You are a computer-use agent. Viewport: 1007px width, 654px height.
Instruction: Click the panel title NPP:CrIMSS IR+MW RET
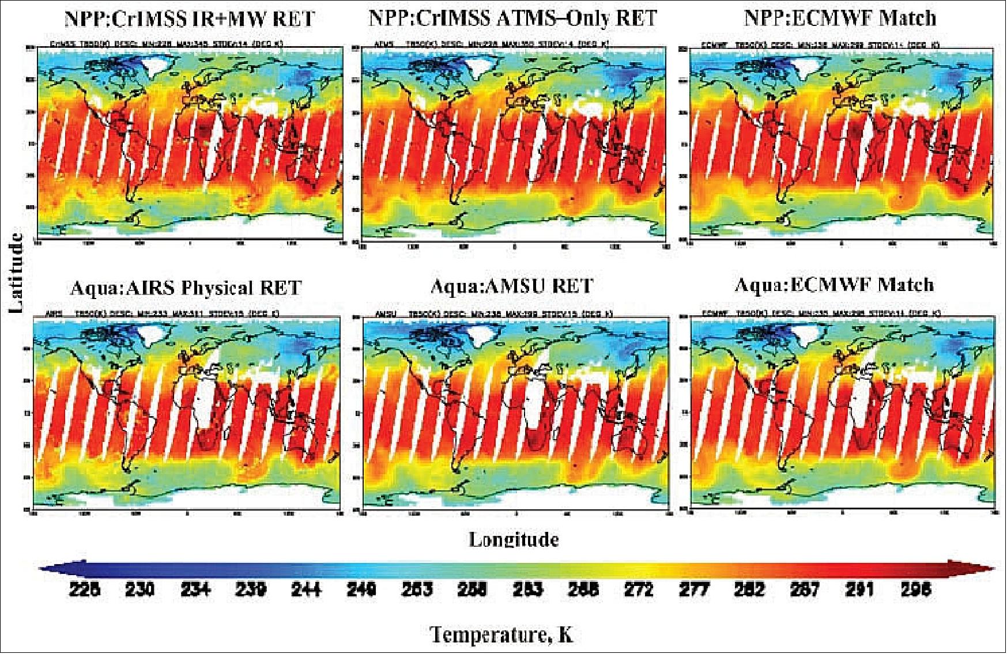pos(190,18)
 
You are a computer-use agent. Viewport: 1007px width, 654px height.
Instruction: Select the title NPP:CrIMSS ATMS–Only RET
pos(512,18)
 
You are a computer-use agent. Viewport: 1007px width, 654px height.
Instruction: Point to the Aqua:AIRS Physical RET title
pos(185,287)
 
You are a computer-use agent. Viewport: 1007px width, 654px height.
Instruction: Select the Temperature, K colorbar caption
pos(501,634)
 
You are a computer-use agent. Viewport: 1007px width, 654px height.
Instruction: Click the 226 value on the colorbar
pos(85,589)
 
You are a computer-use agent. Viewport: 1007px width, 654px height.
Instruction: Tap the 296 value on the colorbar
pos(916,589)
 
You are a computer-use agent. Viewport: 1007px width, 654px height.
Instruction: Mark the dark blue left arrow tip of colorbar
pos(43,569)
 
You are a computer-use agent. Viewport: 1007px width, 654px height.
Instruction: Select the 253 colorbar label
pos(417,589)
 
